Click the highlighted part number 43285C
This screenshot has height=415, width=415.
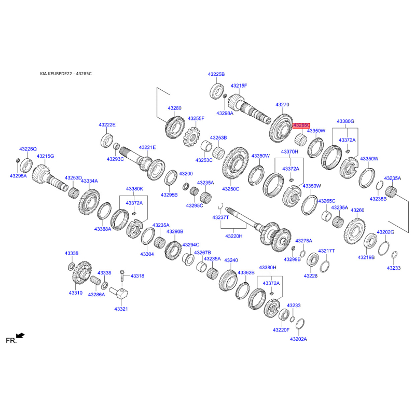[301, 125]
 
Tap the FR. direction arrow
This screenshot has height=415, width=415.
[20, 336]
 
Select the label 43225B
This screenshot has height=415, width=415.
[216, 74]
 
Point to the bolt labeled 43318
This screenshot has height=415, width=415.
[122, 276]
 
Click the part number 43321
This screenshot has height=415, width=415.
[121, 309]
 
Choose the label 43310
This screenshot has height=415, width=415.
[75, 293]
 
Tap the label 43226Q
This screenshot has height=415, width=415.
[28, 149]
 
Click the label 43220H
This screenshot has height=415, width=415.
[234, 236]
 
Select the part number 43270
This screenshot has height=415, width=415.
[282, 105]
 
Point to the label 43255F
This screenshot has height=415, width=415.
[196, 119]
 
